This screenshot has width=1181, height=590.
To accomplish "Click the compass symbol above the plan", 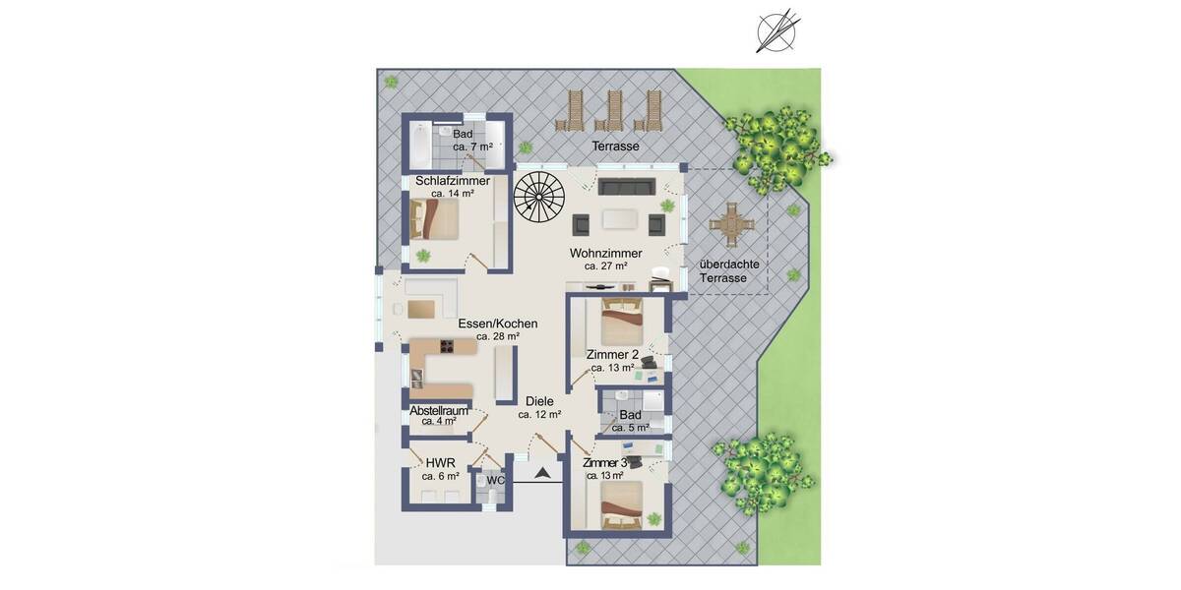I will [x=776, y=30].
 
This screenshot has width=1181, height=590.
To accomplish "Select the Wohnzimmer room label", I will [x=605, y=253].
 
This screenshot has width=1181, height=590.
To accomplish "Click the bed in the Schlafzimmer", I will [x=435, y=218].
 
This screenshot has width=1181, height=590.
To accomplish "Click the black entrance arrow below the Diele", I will [x=541, y=474].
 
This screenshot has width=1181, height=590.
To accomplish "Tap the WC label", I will [x=495, y=481].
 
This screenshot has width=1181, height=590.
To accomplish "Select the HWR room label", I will [x=440, y=463].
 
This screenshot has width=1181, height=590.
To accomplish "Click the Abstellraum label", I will [x=439, y=410].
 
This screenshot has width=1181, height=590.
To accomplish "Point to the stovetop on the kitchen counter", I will [x=446, y=346].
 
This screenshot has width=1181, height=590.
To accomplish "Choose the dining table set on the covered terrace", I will [x=729, y=224].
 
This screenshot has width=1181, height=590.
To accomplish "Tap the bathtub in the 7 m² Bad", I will [x=419, y=146].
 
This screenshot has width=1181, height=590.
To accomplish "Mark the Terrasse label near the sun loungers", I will [x=615, y=147].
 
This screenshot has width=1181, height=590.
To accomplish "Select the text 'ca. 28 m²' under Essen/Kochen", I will [x=497, y=336].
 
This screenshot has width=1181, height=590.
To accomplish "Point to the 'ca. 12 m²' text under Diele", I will [x=539, y=415].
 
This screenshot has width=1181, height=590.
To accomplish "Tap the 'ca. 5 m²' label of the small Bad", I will [x=630, y=428].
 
